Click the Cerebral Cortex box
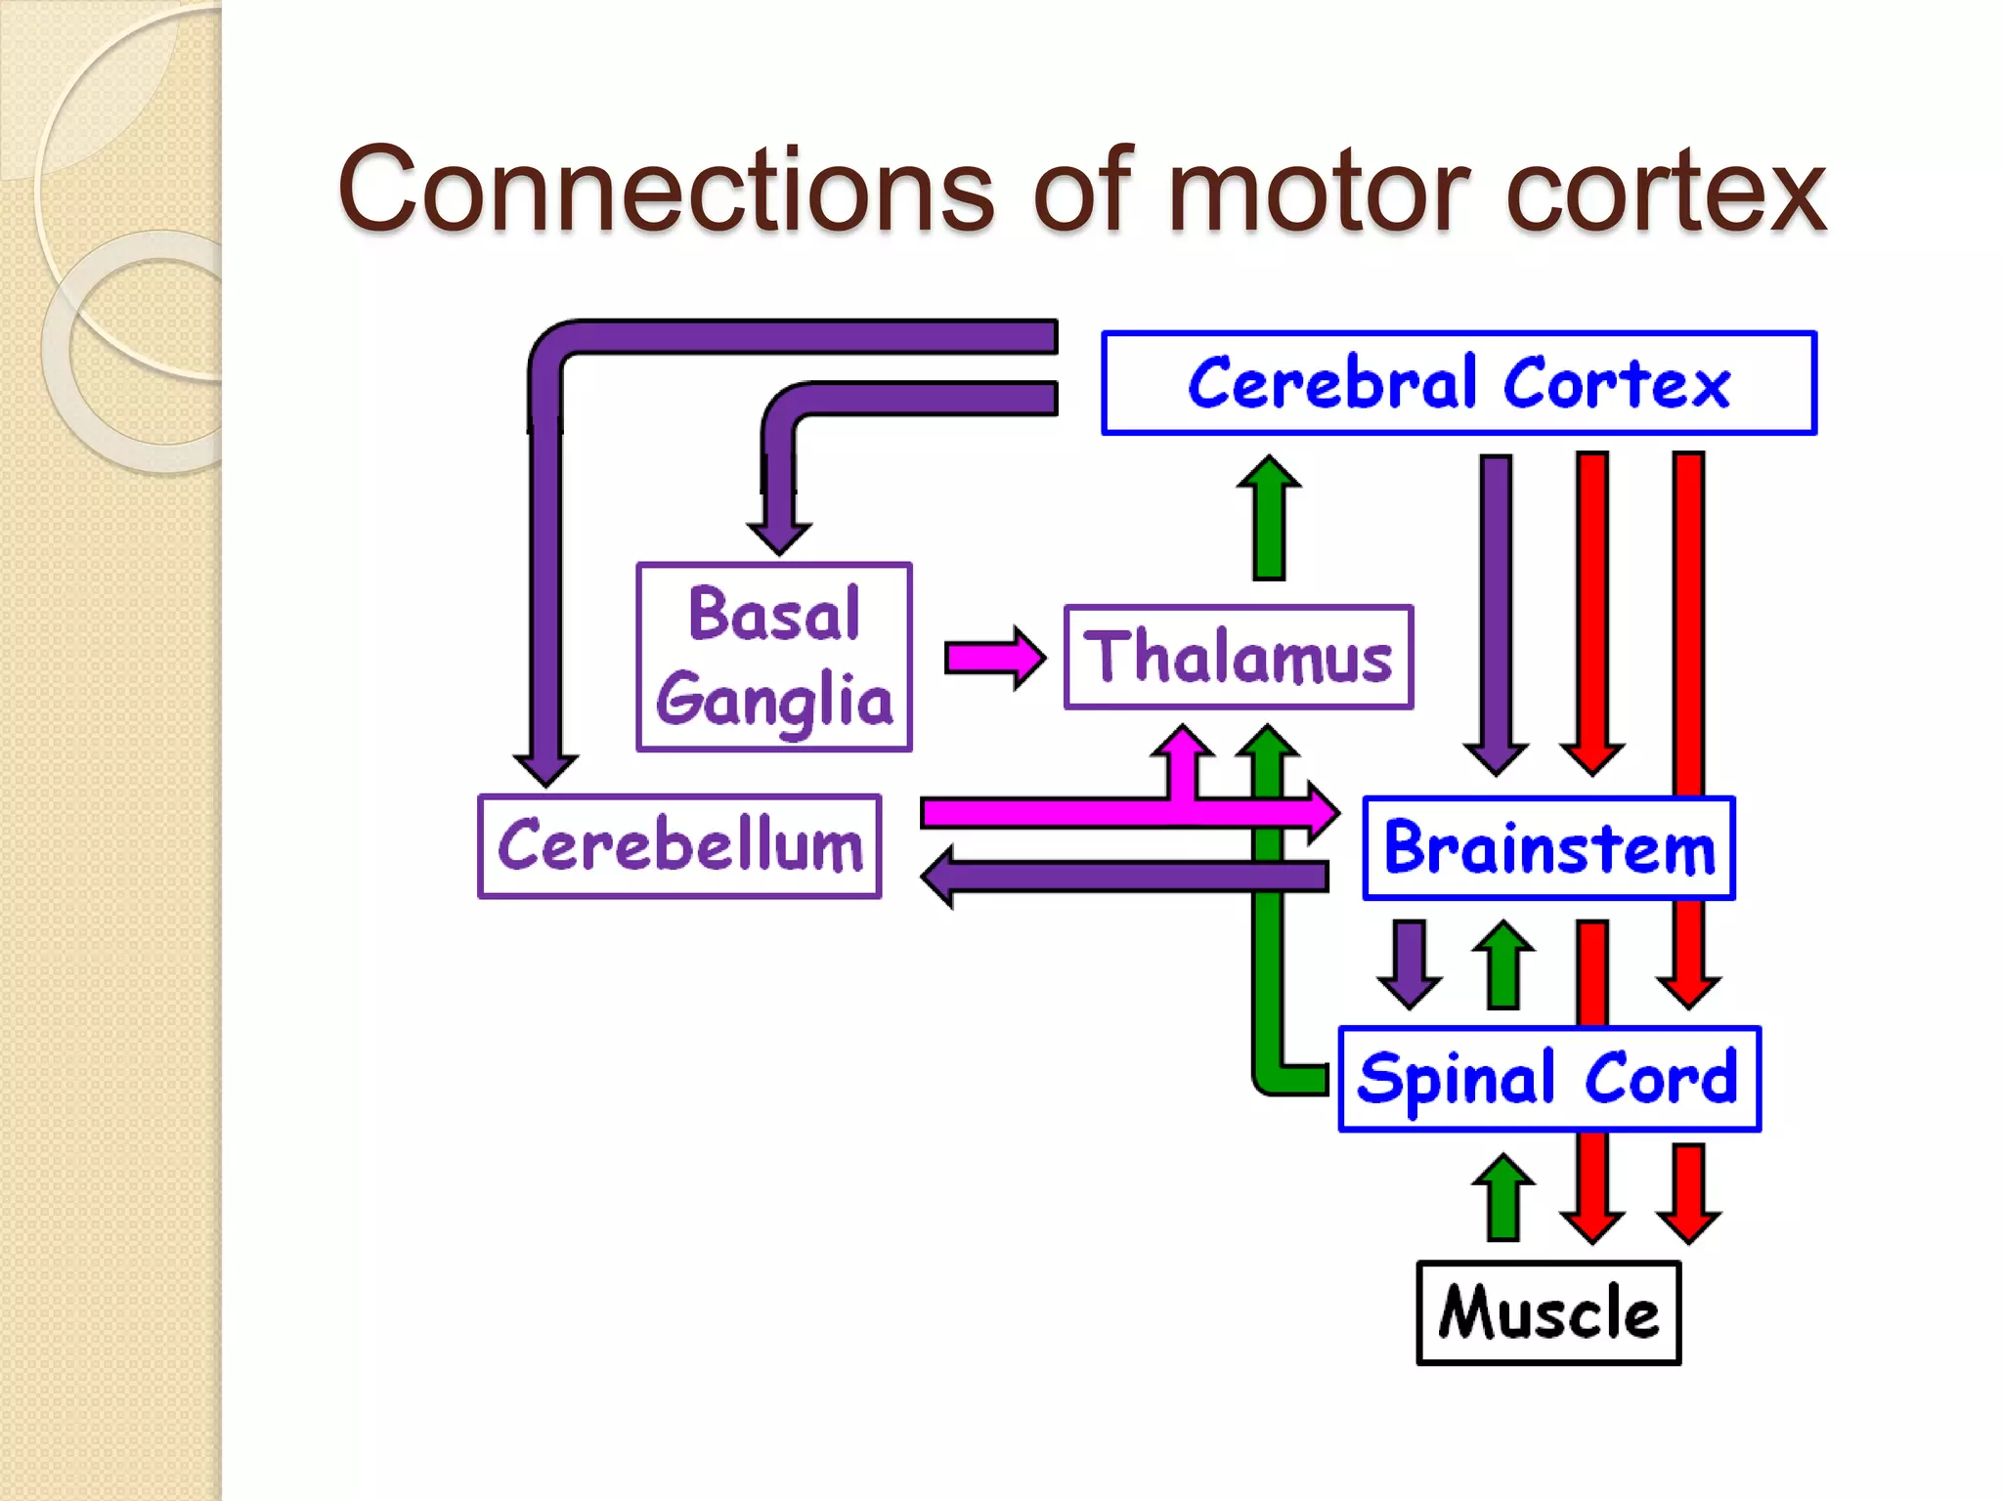(x=1458, y=383)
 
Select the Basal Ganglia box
(x=773, y=657)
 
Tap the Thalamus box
(x=1239, y=657)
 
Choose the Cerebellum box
(x=679, y=846)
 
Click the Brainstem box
(x=1548, y=848)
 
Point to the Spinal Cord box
(x=1549, y=1079)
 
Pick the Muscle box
(x=1548, y=1312)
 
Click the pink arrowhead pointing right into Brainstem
(x=1323, y=811)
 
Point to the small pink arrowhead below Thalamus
(x=1183, y=743)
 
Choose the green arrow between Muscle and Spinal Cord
(x=1503, y=1197)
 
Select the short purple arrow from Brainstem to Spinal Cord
(x=1409, y=964)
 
